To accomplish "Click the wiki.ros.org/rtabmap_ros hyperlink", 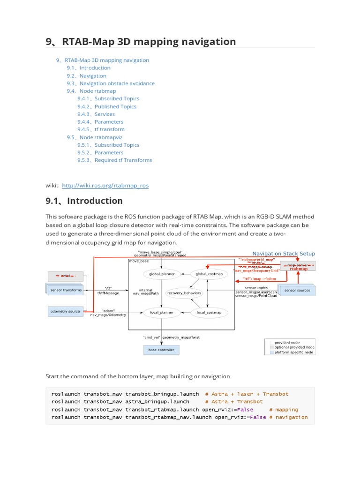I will [105, 185].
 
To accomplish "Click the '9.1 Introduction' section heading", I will [84, 201].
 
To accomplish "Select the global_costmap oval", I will [206, 274].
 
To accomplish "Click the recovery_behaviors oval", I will [184, 293].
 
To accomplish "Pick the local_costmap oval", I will [206, 312].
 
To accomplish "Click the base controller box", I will [161, 350].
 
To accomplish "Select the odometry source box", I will [65, 311].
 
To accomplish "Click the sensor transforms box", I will [66, 290].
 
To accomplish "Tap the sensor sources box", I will [297, 291].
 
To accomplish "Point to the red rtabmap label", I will [299, 269].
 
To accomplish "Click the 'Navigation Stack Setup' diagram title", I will [284, 254].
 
